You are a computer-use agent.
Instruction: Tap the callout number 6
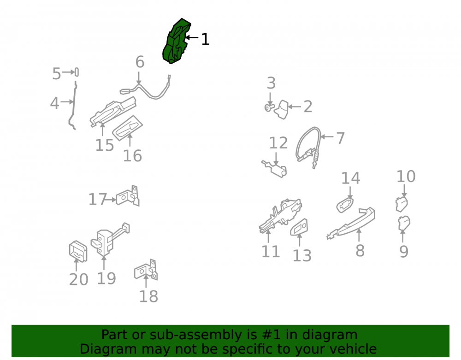click(x=140, y=62)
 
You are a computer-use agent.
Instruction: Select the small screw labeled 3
click(x=269, y=108)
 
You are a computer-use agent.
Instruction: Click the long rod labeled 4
click(x=77, y=72)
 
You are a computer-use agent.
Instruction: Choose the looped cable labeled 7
click(x=308, y=146)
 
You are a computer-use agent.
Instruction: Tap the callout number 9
click(x=404, y=252)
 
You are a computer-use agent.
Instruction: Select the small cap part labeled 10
click(x=402, y=204)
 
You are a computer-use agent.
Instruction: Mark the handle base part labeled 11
click(x=280, y=215)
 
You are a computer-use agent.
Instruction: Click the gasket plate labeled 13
click(x=299, y=227)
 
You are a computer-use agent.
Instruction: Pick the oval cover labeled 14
click(x=345, y=205)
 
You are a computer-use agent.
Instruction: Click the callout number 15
click(x=105, y=145)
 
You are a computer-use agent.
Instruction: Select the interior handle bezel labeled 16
click(x=128, y=128)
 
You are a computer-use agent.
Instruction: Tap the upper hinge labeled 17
click(x=128, y=196)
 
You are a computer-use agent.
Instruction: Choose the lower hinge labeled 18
click(x=146, y=270)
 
